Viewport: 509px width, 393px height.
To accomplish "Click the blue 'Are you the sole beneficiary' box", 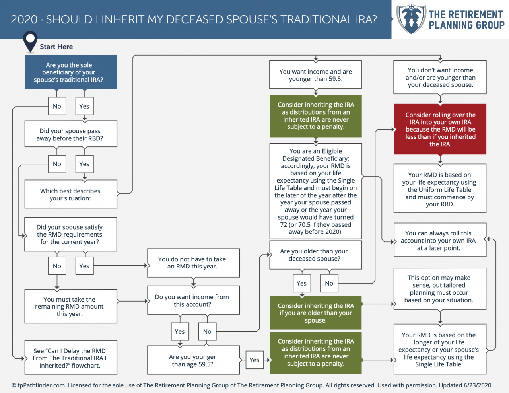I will point(71,72).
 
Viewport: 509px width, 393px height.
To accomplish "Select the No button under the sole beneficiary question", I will point(57,106).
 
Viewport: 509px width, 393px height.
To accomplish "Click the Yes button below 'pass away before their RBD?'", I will point(84,164).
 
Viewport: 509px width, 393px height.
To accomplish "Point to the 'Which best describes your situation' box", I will point(71,194).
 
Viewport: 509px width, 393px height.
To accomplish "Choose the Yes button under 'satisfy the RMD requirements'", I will point(84,266).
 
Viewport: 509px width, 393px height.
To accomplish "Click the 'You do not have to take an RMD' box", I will point(193,263).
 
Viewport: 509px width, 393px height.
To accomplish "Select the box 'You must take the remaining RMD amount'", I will point(71,306).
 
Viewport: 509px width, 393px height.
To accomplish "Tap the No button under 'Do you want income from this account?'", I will point(207,331).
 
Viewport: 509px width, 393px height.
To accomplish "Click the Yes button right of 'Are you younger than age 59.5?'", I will point(254,360).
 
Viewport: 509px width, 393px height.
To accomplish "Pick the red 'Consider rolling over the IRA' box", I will point(440,129).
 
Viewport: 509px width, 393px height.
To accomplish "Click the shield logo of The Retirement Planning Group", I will point(411,19).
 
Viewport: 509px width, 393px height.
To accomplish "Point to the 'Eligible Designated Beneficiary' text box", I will point(316,191).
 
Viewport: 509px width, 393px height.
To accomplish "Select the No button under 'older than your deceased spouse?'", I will point(329,283).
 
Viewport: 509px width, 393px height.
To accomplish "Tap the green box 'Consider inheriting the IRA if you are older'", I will point(316,313).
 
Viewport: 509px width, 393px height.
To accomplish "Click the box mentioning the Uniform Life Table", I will point(440,189).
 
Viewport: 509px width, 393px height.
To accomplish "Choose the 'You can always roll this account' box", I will point(440,240).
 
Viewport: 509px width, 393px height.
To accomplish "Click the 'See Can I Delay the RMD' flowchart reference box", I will point(71,358).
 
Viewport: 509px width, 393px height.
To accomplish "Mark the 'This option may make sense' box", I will point(440,289).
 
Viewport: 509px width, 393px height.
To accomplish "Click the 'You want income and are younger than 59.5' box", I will point(316,75).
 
